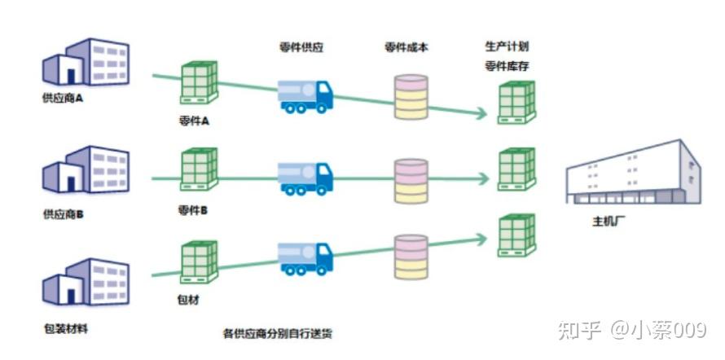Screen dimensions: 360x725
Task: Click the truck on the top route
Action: click(305, 95)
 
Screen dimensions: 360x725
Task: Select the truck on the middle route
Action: click(305, 178)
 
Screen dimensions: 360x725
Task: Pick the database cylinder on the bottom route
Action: click(411, 259)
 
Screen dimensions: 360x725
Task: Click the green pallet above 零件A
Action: click(199, 82)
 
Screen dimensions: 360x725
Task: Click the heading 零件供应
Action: click(301, 47)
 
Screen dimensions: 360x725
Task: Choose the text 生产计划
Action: click(506, 46)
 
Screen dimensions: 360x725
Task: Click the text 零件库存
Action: click(506, 66)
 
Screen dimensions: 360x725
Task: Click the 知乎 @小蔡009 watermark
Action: click(631, 330)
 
